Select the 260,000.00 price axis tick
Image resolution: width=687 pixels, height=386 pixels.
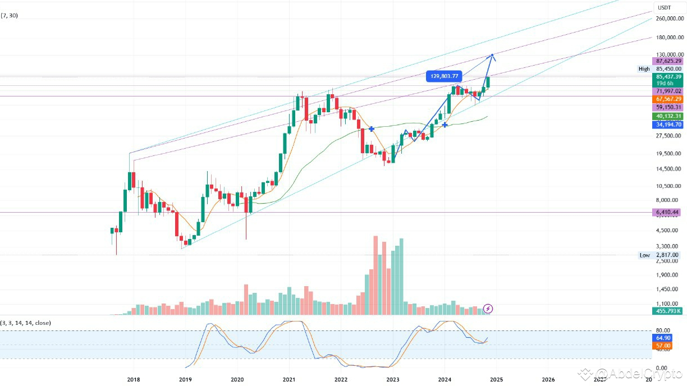pos(668,19)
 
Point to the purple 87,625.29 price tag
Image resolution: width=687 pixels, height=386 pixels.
pos(667,61)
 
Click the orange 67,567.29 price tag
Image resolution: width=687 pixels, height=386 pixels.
pos(667,98)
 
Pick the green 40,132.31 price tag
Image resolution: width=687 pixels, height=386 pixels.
pos(667,116)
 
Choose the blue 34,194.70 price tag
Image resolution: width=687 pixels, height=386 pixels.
pos(667,125)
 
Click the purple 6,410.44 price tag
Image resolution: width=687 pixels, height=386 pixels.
pos(667,212)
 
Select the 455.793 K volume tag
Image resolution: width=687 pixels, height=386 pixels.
pos(667,311)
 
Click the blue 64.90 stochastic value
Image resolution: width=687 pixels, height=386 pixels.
pos(660,338)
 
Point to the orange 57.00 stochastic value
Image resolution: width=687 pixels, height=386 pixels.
pos(660,346)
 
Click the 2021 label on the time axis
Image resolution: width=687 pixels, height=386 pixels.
pos(290,380)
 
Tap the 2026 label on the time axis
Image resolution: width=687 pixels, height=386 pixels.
pos(548,380)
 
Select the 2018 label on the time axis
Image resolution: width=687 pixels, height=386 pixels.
pos(134,380)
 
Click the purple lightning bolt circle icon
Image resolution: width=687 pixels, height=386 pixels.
pos(488,308)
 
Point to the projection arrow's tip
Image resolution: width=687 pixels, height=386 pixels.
pos(492,54)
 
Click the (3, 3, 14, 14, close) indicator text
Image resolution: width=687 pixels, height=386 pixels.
pos(26,323)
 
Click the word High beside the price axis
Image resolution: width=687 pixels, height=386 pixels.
pos(644,69)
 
